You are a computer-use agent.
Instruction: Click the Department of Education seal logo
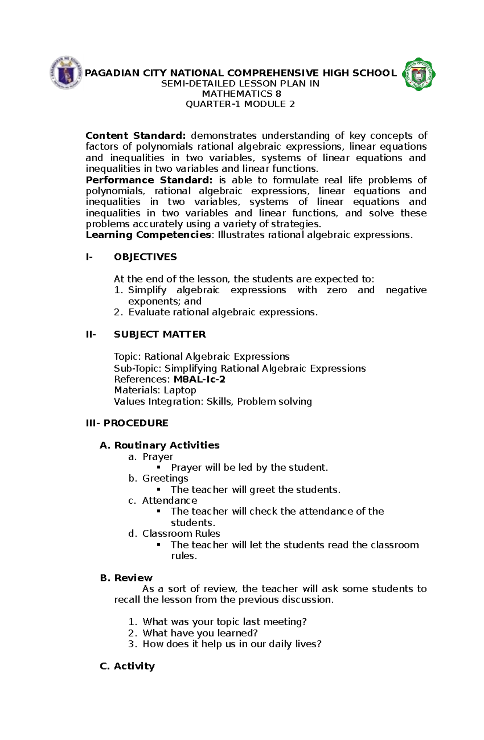tap(67, 73)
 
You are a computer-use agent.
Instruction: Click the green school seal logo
tap(419, 74)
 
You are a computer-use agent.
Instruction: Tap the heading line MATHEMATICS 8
tap(241, 94)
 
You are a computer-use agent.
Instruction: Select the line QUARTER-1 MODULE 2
tap(240, 104)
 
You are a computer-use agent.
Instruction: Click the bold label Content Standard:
tap(136, 136)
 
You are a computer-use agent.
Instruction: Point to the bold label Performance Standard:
tap(149, 180)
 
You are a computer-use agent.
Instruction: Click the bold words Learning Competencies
tap(148, 235)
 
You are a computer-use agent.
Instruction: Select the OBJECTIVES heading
tap(145, 257)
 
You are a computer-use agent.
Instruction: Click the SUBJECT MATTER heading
tap(160, 334)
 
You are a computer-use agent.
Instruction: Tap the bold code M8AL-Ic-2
tap(199, 379)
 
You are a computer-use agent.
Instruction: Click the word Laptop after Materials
tap(180, 390)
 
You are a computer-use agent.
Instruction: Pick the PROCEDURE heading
tap(136, 423)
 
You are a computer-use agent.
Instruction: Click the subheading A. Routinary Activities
tap(160, 445)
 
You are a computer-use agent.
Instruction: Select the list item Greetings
tap(165, 478)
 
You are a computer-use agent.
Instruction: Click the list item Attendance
tap(169, 500)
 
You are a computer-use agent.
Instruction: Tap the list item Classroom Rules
tap(181, 534)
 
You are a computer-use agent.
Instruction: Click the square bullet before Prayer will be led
tap(159, 467)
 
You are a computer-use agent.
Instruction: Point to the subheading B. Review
tap(126, 578)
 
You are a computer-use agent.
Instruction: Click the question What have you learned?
tap(200, 633)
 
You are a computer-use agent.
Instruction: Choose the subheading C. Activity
tap(127, 666)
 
